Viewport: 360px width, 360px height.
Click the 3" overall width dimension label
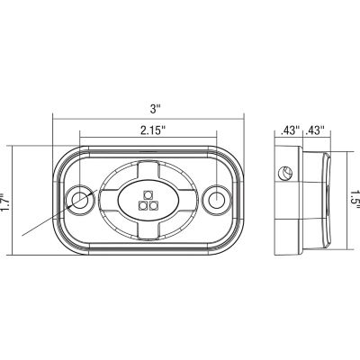(156, 109)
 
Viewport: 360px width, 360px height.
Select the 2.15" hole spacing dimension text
(153, 130)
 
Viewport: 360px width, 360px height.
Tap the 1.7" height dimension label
(4, 201)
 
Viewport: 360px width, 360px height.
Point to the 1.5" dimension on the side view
(355, 200)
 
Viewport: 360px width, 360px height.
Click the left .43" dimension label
(290, 130)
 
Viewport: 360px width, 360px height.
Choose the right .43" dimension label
(315, 130)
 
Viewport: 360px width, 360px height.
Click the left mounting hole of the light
(80, 201)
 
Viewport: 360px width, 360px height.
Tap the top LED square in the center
(148, 195)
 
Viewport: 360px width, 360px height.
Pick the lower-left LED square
(142, 206)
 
